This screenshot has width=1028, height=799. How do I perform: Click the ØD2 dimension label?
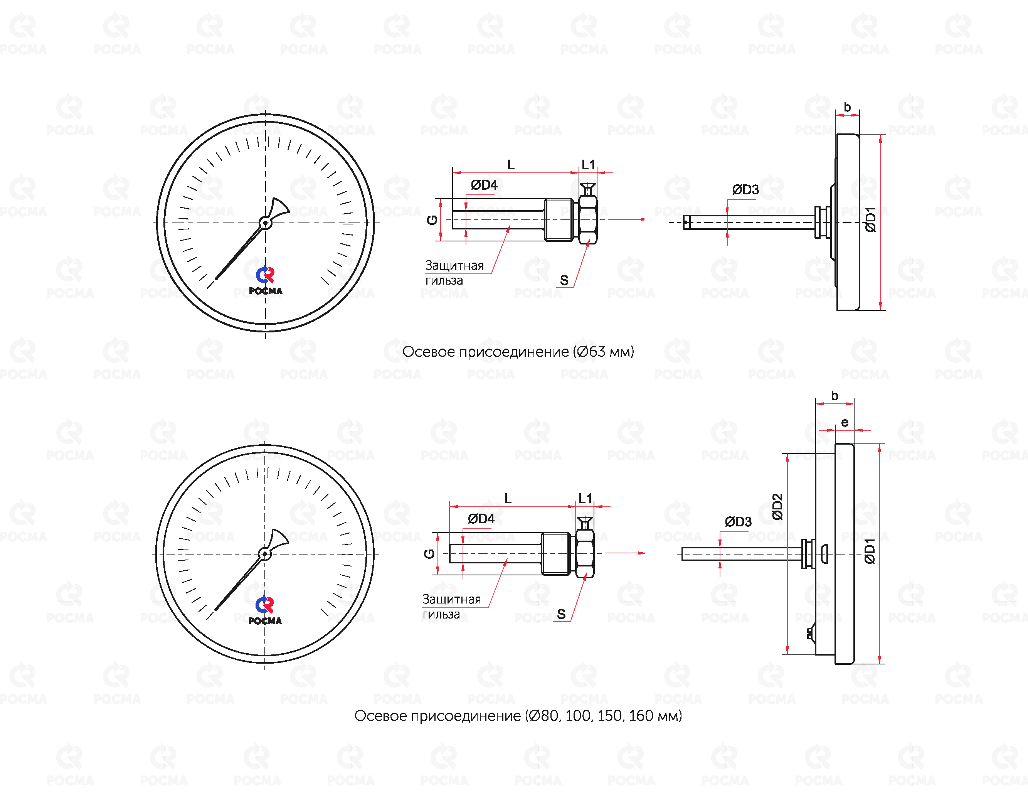777,506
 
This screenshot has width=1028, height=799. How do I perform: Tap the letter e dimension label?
845,422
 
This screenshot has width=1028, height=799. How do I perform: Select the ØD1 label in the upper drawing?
870,219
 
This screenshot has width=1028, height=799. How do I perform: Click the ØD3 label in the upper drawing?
745,190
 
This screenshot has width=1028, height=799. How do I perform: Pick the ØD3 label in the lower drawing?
738,522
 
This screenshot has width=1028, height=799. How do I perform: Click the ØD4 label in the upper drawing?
484,185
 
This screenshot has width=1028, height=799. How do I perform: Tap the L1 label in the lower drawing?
585,498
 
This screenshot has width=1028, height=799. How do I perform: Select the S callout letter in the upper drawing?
564,281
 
